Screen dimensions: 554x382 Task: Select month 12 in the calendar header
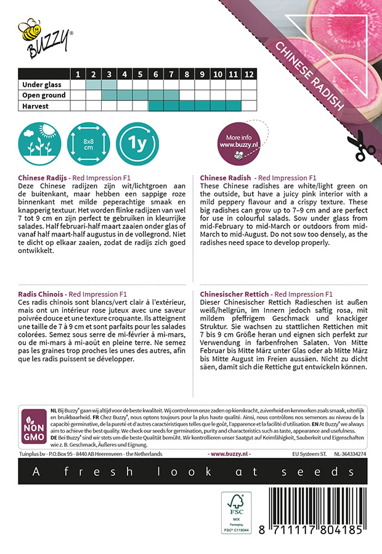(x=248, y=74)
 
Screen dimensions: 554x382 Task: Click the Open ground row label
(x=44, y=95)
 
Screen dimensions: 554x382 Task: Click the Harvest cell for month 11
(x=233, y=106)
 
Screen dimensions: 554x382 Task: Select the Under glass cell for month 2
(x=93, y=85)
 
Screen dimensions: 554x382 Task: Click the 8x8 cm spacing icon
(x=87, y=145)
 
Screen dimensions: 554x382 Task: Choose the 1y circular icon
(x=137, y=145)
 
